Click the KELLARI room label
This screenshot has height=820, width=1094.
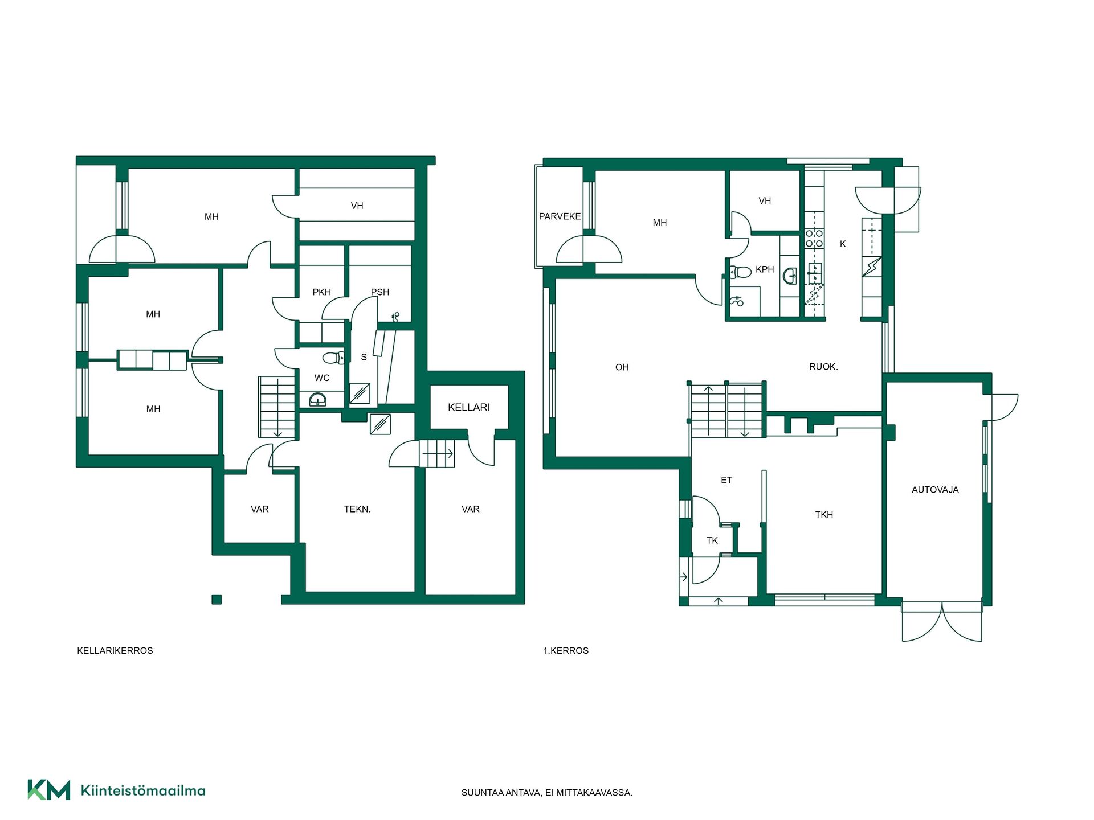click(468, 407)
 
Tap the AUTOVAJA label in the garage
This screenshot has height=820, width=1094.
click(935, 490)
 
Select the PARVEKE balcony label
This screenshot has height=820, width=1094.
click(560, 216)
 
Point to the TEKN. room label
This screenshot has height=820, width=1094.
click(357, 509)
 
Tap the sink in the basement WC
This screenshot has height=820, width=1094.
click(318, 399)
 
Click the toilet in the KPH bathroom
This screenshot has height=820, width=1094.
click(740, 272)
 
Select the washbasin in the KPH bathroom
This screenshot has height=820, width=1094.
click(790, 277)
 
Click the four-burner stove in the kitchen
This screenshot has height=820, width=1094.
click(814, 239)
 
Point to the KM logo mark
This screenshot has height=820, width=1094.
click(49, 790)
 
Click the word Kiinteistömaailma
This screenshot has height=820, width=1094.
click(143, 790)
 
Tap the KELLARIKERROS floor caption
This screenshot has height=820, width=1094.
click(115, 650)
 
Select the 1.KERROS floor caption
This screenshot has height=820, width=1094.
click(566, 650)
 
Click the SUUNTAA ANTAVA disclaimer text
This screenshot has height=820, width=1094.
click(547, 793)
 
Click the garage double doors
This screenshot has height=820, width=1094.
click(942, 622)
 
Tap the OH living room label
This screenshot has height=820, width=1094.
click(622, 367)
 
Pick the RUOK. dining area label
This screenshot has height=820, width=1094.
click(823, 367)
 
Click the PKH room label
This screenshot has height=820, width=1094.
click(322, 292)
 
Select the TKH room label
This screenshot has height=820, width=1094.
click(824, 515)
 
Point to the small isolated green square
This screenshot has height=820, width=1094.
click(217, 599)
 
